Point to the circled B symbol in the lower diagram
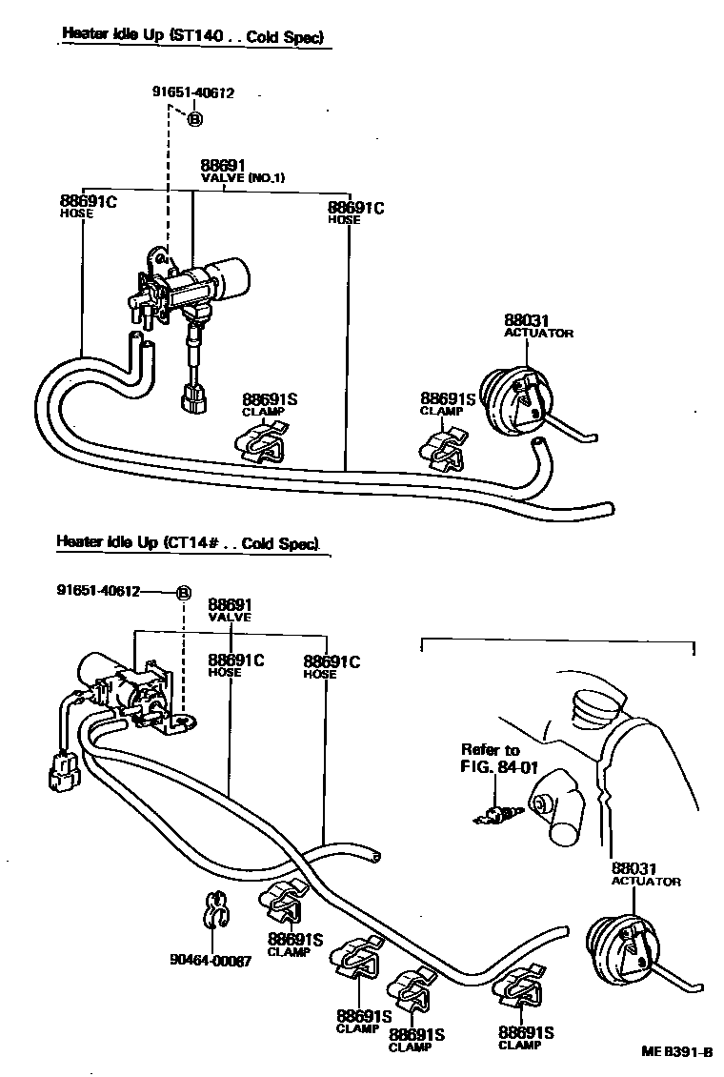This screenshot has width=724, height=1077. pos(184,592)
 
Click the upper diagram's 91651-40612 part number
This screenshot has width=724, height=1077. pos(192,92)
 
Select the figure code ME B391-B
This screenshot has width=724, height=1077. pos(677,1051)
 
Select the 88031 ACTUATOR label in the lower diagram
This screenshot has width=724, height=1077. pos(645,874)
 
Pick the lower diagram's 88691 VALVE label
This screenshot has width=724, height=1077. pos(230,609)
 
